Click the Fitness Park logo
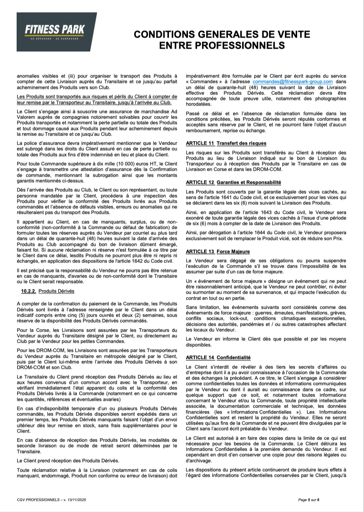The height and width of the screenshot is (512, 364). tap(57, 32)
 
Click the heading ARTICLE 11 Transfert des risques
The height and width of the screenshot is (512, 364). tap(226, 143)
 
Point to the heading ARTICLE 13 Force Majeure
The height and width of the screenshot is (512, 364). tap(218, 251)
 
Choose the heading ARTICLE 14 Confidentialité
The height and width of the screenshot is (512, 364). tap(218, 357)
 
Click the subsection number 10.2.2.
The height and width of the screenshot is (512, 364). tap(28, 291)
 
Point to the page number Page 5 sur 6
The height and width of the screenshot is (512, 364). tap(309, 500)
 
